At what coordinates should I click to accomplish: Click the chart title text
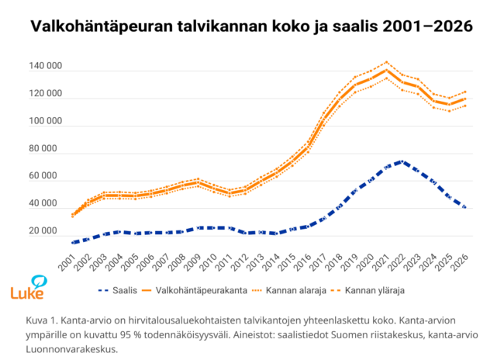[251, 26]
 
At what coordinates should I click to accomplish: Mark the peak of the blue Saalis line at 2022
[400, 161]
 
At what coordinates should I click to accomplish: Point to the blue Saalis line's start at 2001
[73, 243]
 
